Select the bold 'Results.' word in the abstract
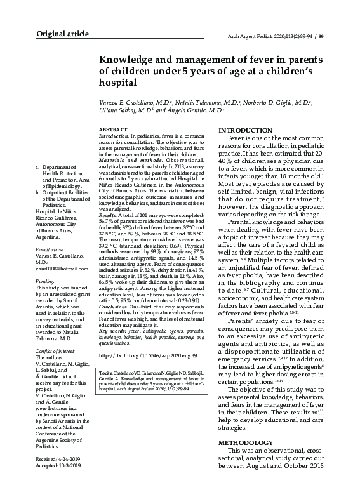(x=109, y=216)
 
